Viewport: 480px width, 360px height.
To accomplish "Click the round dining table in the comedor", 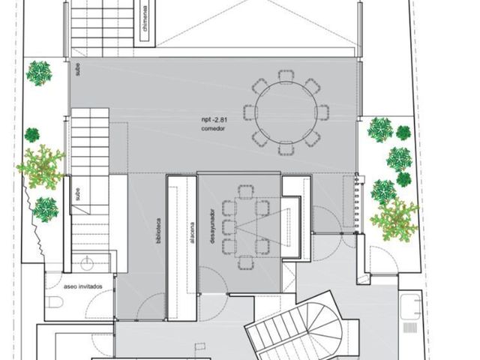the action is tap(286, 112).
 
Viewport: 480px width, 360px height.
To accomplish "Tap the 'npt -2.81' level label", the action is tap(214, 120).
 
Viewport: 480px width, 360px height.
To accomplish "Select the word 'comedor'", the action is tap(213, 128).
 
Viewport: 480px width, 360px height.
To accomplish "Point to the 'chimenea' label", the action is tap(145, 19).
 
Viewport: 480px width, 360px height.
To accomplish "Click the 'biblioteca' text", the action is tap(158, 231).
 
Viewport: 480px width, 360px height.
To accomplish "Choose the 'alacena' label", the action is tap(192, 232).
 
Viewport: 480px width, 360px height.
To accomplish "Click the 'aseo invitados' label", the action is tap(83, 286).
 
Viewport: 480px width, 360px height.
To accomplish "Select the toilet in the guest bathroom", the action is tap(55, 302).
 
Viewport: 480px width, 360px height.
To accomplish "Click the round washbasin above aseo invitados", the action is tap(87, 263).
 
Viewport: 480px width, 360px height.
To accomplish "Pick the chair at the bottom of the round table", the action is tap(286, 148).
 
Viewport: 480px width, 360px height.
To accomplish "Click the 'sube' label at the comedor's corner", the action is tap(78, 70).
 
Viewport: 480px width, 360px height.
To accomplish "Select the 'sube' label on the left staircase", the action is tap(78, 194).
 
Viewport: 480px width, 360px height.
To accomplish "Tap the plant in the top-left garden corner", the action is tap(39, 73).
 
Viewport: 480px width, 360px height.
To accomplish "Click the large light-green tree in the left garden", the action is tap(40, 167).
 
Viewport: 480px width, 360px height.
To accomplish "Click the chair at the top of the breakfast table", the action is tap(246, 192).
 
